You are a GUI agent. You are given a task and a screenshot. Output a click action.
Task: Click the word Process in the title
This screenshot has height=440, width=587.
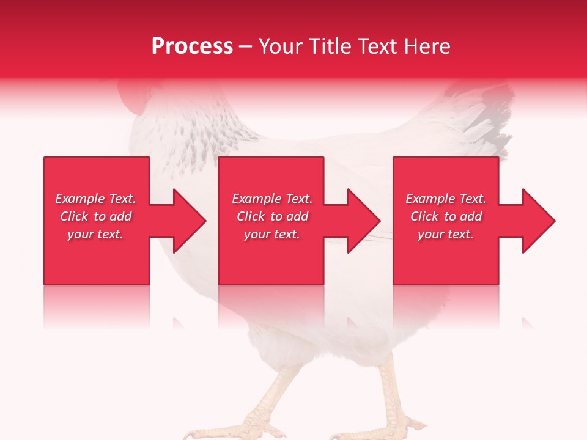pyautogui.click(x=192, y=46)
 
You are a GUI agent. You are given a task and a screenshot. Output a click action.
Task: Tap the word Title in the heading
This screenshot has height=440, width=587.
pyautogui.click(x=330, y=46)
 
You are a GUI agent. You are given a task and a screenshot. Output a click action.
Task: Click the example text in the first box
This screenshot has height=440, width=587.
pyautogui.click(x=95, y=216)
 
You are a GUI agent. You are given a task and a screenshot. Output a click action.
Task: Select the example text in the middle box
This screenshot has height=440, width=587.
pyautogui.click(x=272, y=216)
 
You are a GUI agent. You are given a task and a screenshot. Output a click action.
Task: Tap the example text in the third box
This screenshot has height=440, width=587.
pyautogui.click(x=446, y=216)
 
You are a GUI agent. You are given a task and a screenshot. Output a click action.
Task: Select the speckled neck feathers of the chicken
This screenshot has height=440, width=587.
pyautogui.click(x=208, y=131)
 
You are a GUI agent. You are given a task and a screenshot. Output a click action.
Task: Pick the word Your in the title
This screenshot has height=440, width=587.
pyautogui.click(x=281, y=46)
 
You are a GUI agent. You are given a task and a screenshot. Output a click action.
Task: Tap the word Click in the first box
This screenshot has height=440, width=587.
pyautogui.click(x=75, y=216)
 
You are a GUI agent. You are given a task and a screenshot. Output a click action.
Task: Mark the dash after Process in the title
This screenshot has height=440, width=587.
pyautogui.click(x=246, y=47)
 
